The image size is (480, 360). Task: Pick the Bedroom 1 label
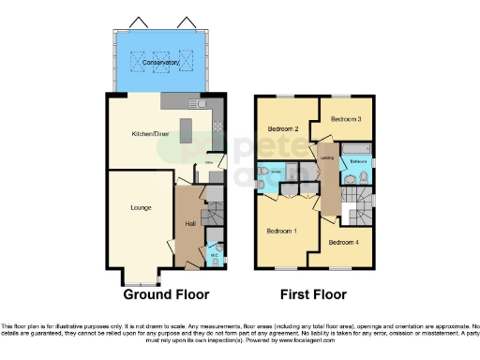click(x=282, y=230)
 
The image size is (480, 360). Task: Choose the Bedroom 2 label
click(x=282, y=128)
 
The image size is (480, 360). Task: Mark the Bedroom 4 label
click(x=343, y=242)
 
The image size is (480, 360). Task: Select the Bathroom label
click(x=358, y=161)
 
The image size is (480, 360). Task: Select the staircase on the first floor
click(x=357, y=204)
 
